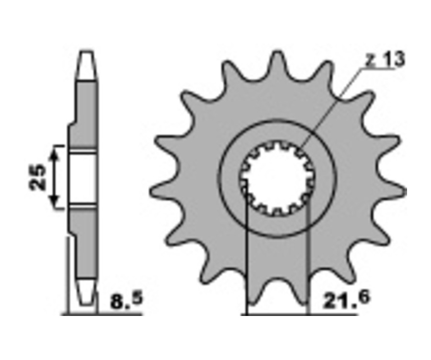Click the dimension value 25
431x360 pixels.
(x=37, y=177)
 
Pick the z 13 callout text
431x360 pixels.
(x=386, y=59)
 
